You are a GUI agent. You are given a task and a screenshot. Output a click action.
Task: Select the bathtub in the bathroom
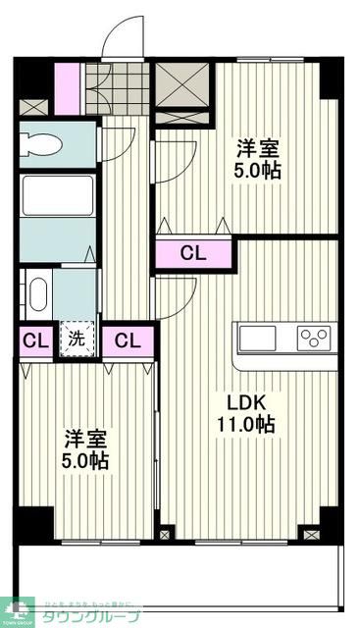coord(58,195)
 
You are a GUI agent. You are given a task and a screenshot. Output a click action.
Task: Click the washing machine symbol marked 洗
coord(77,341)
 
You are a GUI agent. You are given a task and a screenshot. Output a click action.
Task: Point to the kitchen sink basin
coord(258,339)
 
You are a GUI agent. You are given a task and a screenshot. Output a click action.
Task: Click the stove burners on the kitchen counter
coord(315,339)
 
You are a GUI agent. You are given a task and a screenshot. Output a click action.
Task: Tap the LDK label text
coord(245,403)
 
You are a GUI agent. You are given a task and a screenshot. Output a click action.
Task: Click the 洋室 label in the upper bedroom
coord(258,150)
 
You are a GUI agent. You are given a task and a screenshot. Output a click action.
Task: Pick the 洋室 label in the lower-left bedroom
coord(86,439)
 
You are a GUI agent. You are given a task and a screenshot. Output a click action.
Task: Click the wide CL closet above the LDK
coord(194,253)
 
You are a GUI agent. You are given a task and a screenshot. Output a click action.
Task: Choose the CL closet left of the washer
coord(35,341)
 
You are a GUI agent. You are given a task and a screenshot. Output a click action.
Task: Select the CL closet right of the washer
coord(128,341)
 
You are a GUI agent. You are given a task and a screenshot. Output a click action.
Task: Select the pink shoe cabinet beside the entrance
coord(68,88)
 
